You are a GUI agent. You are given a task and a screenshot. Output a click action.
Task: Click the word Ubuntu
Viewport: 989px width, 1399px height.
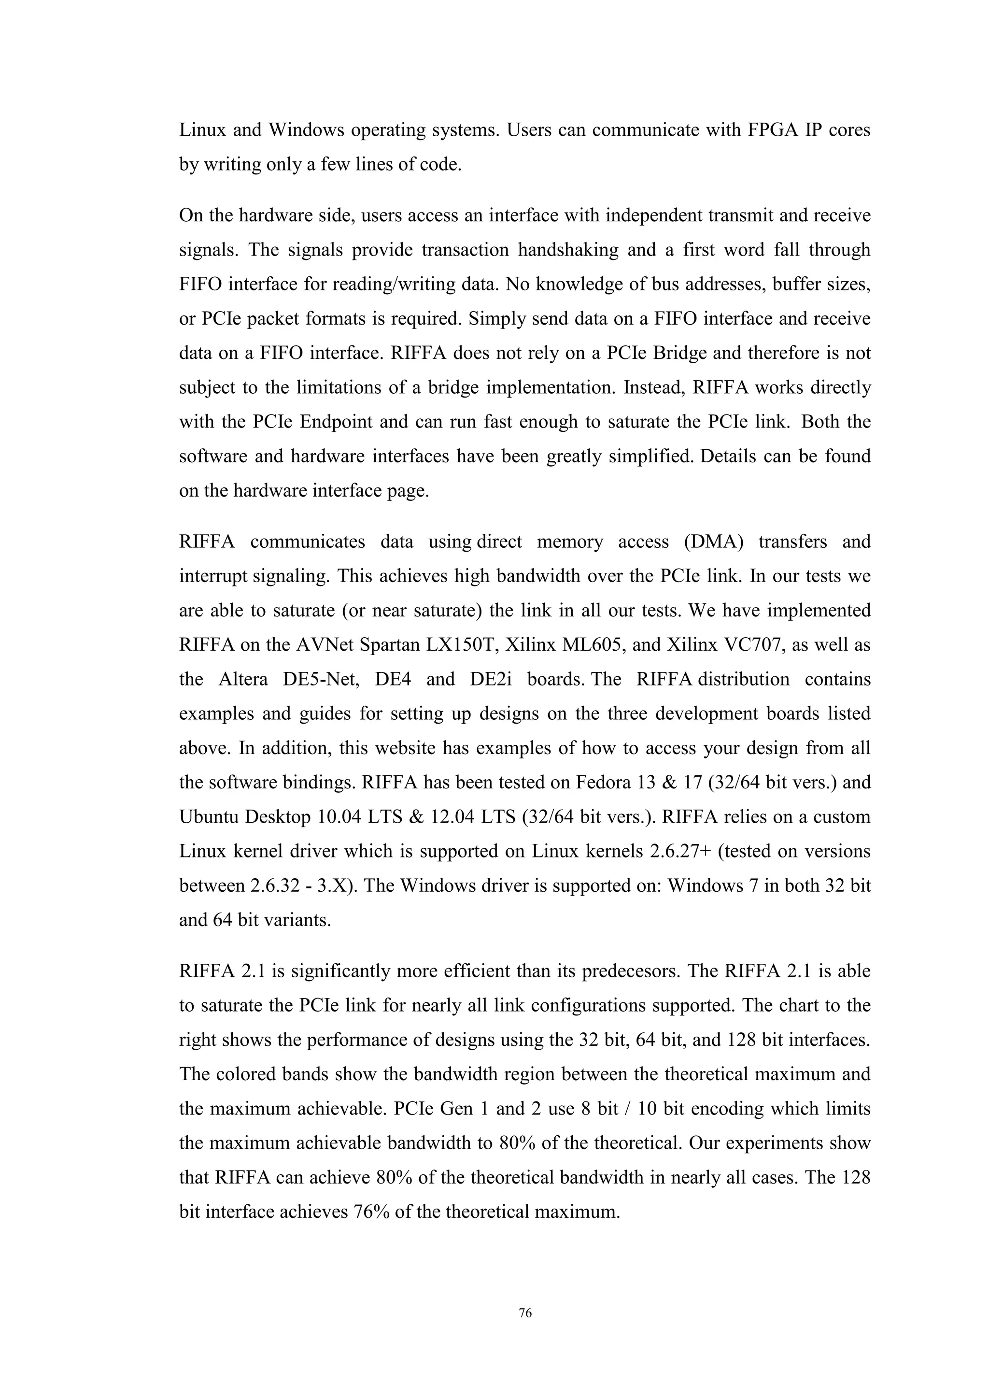click(208, 817)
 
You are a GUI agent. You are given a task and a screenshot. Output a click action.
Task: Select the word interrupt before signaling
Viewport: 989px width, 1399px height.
click(213, 576)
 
